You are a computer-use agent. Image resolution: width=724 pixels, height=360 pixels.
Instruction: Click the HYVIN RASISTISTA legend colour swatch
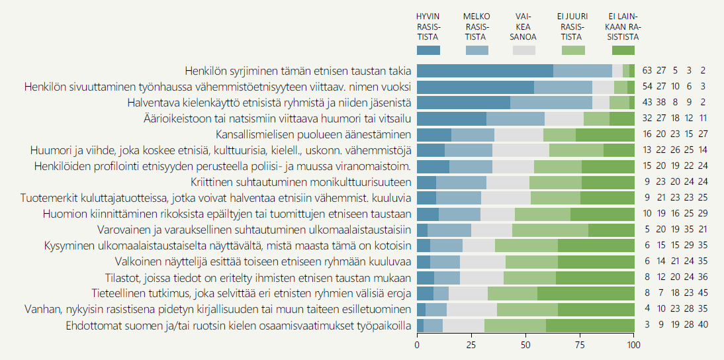click(x=428, y=50)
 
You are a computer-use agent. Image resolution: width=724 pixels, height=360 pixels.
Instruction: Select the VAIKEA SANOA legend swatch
click(x=523, y=50)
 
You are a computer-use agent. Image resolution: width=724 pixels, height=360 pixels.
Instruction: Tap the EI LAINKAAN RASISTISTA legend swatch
click(x=623, y=50)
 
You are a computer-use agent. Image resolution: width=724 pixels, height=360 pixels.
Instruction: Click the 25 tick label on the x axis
click(x=471, y=345)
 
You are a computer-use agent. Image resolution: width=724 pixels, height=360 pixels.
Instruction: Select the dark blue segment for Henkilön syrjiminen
click(x=485, y=71)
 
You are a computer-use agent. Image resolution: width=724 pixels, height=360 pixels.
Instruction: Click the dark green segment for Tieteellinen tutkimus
click(x=586, y=293)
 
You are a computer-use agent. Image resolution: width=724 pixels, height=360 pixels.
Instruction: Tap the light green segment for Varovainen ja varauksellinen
click(x=550, y=230)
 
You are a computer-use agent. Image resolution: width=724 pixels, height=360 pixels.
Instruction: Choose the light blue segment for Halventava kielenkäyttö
click(x=551, y=103)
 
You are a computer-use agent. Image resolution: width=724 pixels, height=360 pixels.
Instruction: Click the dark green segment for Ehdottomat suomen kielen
click(x=590, y=325)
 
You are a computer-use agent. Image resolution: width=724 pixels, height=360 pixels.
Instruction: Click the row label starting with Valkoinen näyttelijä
click(x=263, y=261)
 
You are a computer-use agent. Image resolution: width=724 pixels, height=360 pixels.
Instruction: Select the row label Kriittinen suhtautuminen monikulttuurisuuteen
click(x=291, y=182)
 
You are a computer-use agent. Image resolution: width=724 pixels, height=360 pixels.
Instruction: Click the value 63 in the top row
click(x=647, y=71)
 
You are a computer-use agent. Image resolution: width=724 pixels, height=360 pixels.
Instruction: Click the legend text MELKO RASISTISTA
click(x=476, y=26)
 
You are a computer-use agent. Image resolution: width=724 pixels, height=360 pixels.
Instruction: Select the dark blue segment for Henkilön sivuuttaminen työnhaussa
click(x=475, y=87)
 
